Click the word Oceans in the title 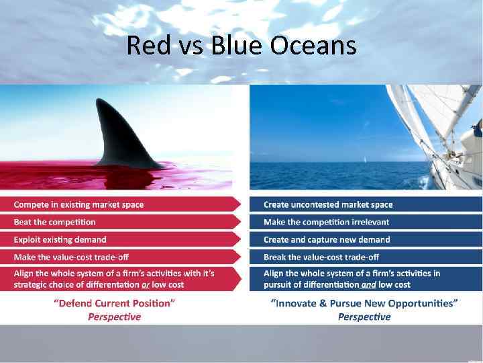pyautogui.click(x=314, y=46)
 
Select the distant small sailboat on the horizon pyautogui.click(x=364, y=160)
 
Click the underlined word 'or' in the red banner pyautogui.click(x=146, y=285)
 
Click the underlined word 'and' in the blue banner pyautogui.click(x=369, y=285)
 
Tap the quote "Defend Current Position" pyautogui.click(x=114, y=303)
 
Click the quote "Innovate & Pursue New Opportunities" pyautogui.click(x=364, y=303)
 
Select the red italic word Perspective pyautogui.click(x=114, y=317)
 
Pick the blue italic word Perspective pyautogui.click(x=364, y=317)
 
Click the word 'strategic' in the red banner pyautogui.click(x=31, y=285)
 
